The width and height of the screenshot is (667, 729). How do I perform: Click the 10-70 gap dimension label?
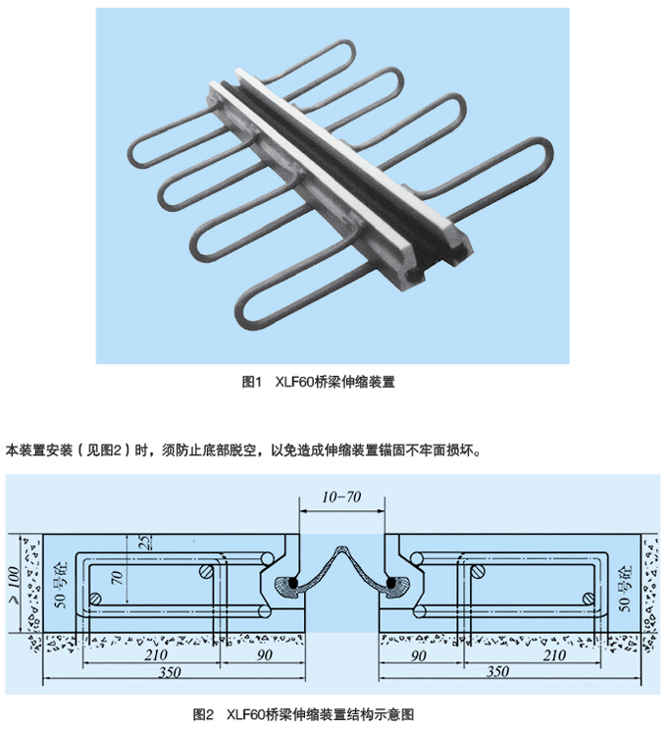tap(341, 497)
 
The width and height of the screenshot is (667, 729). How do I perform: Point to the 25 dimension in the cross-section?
tap(145, 543)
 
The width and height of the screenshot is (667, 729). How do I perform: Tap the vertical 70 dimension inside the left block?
tap(117, 578)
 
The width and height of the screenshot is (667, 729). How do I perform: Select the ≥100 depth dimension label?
tap(15, 586)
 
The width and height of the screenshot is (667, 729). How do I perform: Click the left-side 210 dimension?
tap(156, 654)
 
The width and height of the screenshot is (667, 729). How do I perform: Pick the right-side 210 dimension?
tap(554, 655)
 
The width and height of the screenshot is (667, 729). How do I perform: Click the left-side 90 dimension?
tap(264, 654)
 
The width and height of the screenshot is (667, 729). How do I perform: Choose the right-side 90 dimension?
tap(418, 655)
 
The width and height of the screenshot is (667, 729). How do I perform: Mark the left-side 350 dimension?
tap(170, 672)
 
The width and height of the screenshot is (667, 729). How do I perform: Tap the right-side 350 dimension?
tap(497, 671)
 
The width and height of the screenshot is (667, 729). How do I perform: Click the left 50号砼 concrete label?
tap(61, 585)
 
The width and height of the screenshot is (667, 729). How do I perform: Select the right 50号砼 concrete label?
tap(624, 588)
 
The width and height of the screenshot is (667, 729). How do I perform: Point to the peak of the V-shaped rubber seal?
tap(341, 547)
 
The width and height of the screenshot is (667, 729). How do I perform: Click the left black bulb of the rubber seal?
tap(292, 583)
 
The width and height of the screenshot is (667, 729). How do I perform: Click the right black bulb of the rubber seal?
tap(391, 582)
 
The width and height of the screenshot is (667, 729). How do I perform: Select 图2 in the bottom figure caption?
tap(203, 714)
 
